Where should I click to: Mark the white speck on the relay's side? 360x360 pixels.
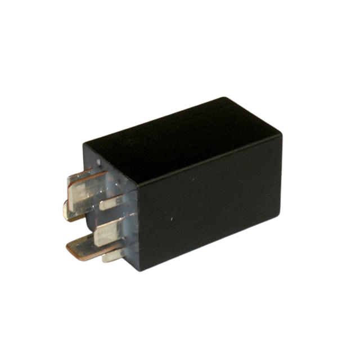[169, 218]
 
